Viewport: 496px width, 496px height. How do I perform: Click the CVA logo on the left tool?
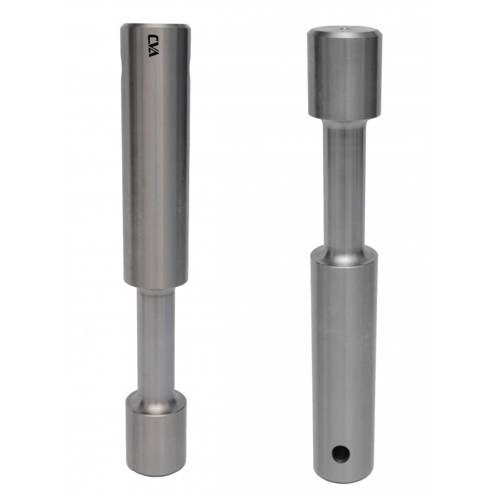click(x=154, y=45)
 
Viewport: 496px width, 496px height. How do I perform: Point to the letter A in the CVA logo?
click(x=154, y=53)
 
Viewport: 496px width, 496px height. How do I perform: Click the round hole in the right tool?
click(x=340, y=453)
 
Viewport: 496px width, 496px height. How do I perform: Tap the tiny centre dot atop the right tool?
click(x=345, y=28)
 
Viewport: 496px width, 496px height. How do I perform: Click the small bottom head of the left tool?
click(x=156, y=440)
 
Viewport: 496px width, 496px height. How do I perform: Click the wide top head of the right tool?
click(x=345, y=72)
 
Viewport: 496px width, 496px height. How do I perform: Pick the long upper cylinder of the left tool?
click(x=156, y=155)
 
